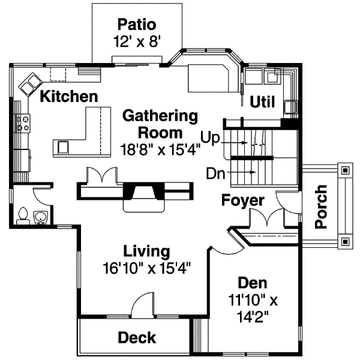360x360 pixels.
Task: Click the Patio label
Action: pyautogui.click(x=137, y=25)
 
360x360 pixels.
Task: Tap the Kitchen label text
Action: pyautogui.click(x=68, y=96)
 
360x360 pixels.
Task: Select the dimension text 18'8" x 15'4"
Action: pyautogui.click(x=160, y=149)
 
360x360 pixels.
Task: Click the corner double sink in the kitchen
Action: pyautogui.click(x=29, y=84)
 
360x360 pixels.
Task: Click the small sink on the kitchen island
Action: pyautogui.click(x=63, y=146)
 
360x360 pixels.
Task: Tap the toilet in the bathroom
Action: pyautogui.click(x=23, y=215)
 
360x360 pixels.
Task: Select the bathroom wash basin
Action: pyautogui.click(x=41, y=217)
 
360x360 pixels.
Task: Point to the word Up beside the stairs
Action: pyautogui.click(x=211, y=138)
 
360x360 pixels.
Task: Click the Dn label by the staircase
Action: pyautogui.click(x=215, y=174)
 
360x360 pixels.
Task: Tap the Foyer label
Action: pyautogui.click(x=243, y=200)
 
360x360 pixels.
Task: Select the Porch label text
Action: pyautogui.click(x=322, y=206)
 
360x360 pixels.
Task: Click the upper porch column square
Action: pyautogui.click(x=345, y=171)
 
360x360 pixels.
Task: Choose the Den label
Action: pyautogui.click(x=253, y=283)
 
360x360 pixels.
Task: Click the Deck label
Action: pyautogui.click(x=136, y=338)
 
